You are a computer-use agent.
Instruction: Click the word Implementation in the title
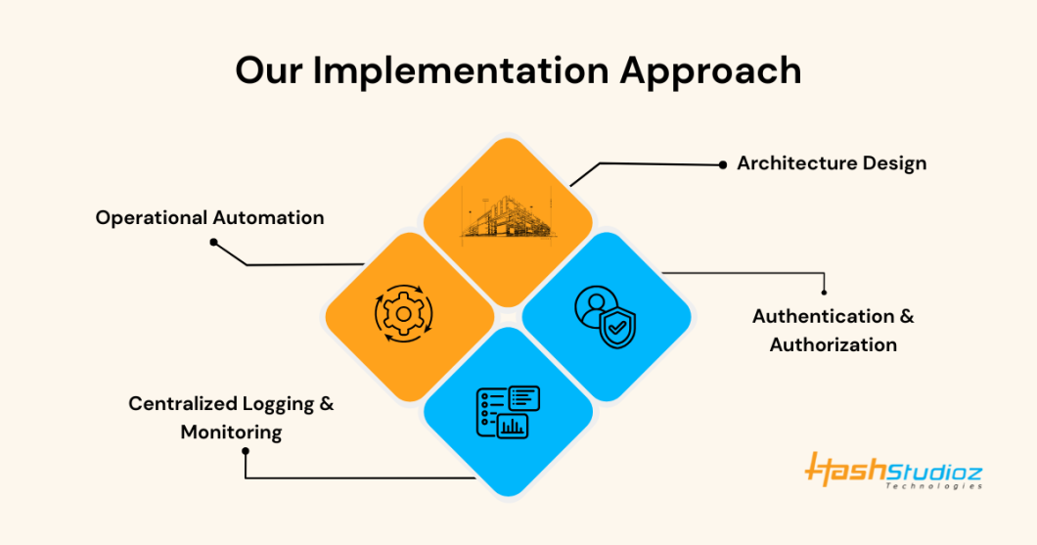pos(461,70)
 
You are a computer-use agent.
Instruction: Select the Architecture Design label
pos(832,163)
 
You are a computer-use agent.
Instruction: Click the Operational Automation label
pos(209,217)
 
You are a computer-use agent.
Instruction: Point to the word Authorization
pos(834,344)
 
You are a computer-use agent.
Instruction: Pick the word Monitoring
pos(232,432)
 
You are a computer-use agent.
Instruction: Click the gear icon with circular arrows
pos(403,313)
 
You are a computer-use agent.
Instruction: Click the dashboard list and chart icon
pos(508,411)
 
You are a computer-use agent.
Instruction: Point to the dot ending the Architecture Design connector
pos(723,164)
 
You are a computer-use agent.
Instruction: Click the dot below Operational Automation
pos(213,242)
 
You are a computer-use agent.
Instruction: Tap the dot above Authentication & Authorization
pos(824,292)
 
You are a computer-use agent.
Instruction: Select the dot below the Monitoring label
pos(246,451)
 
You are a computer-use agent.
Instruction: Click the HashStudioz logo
pos(893,471)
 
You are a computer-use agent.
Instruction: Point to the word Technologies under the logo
pos(934,486)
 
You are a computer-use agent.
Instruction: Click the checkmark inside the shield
pos(617,326)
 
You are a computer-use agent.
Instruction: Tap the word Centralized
pos(183,403)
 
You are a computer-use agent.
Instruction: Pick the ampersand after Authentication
pos(906,316)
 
